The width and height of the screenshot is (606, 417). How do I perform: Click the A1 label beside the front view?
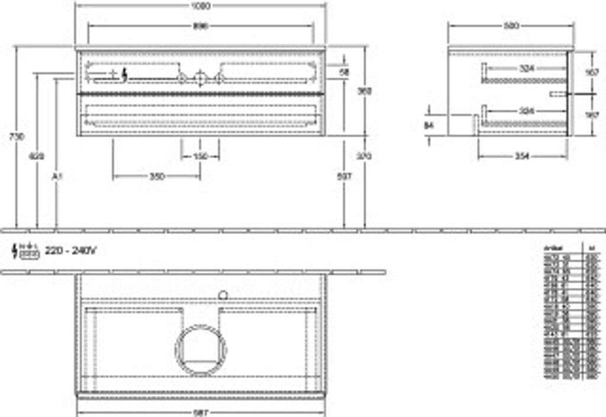(x=57, y=177)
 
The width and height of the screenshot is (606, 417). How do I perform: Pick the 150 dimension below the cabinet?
(x=200, y=156)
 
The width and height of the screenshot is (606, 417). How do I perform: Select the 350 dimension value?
(x=156, y=177)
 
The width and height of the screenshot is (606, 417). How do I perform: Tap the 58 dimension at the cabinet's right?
(x=344, y=72)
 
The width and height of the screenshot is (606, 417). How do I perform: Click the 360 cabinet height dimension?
(x=365, y=91)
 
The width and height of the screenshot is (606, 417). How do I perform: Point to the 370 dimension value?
(x=365, y=156)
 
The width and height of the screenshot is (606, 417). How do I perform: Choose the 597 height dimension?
(x=344, y=177)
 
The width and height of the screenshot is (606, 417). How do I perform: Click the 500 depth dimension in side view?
(x=511, y=26)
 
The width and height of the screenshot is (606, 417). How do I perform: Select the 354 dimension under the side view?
(x=521, y=156)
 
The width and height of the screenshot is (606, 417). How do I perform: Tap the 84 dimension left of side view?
(x=429, y=125)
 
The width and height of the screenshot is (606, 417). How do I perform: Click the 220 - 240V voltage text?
(x=70, y=251)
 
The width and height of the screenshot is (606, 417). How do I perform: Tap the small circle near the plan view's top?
(x=223, y=293)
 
